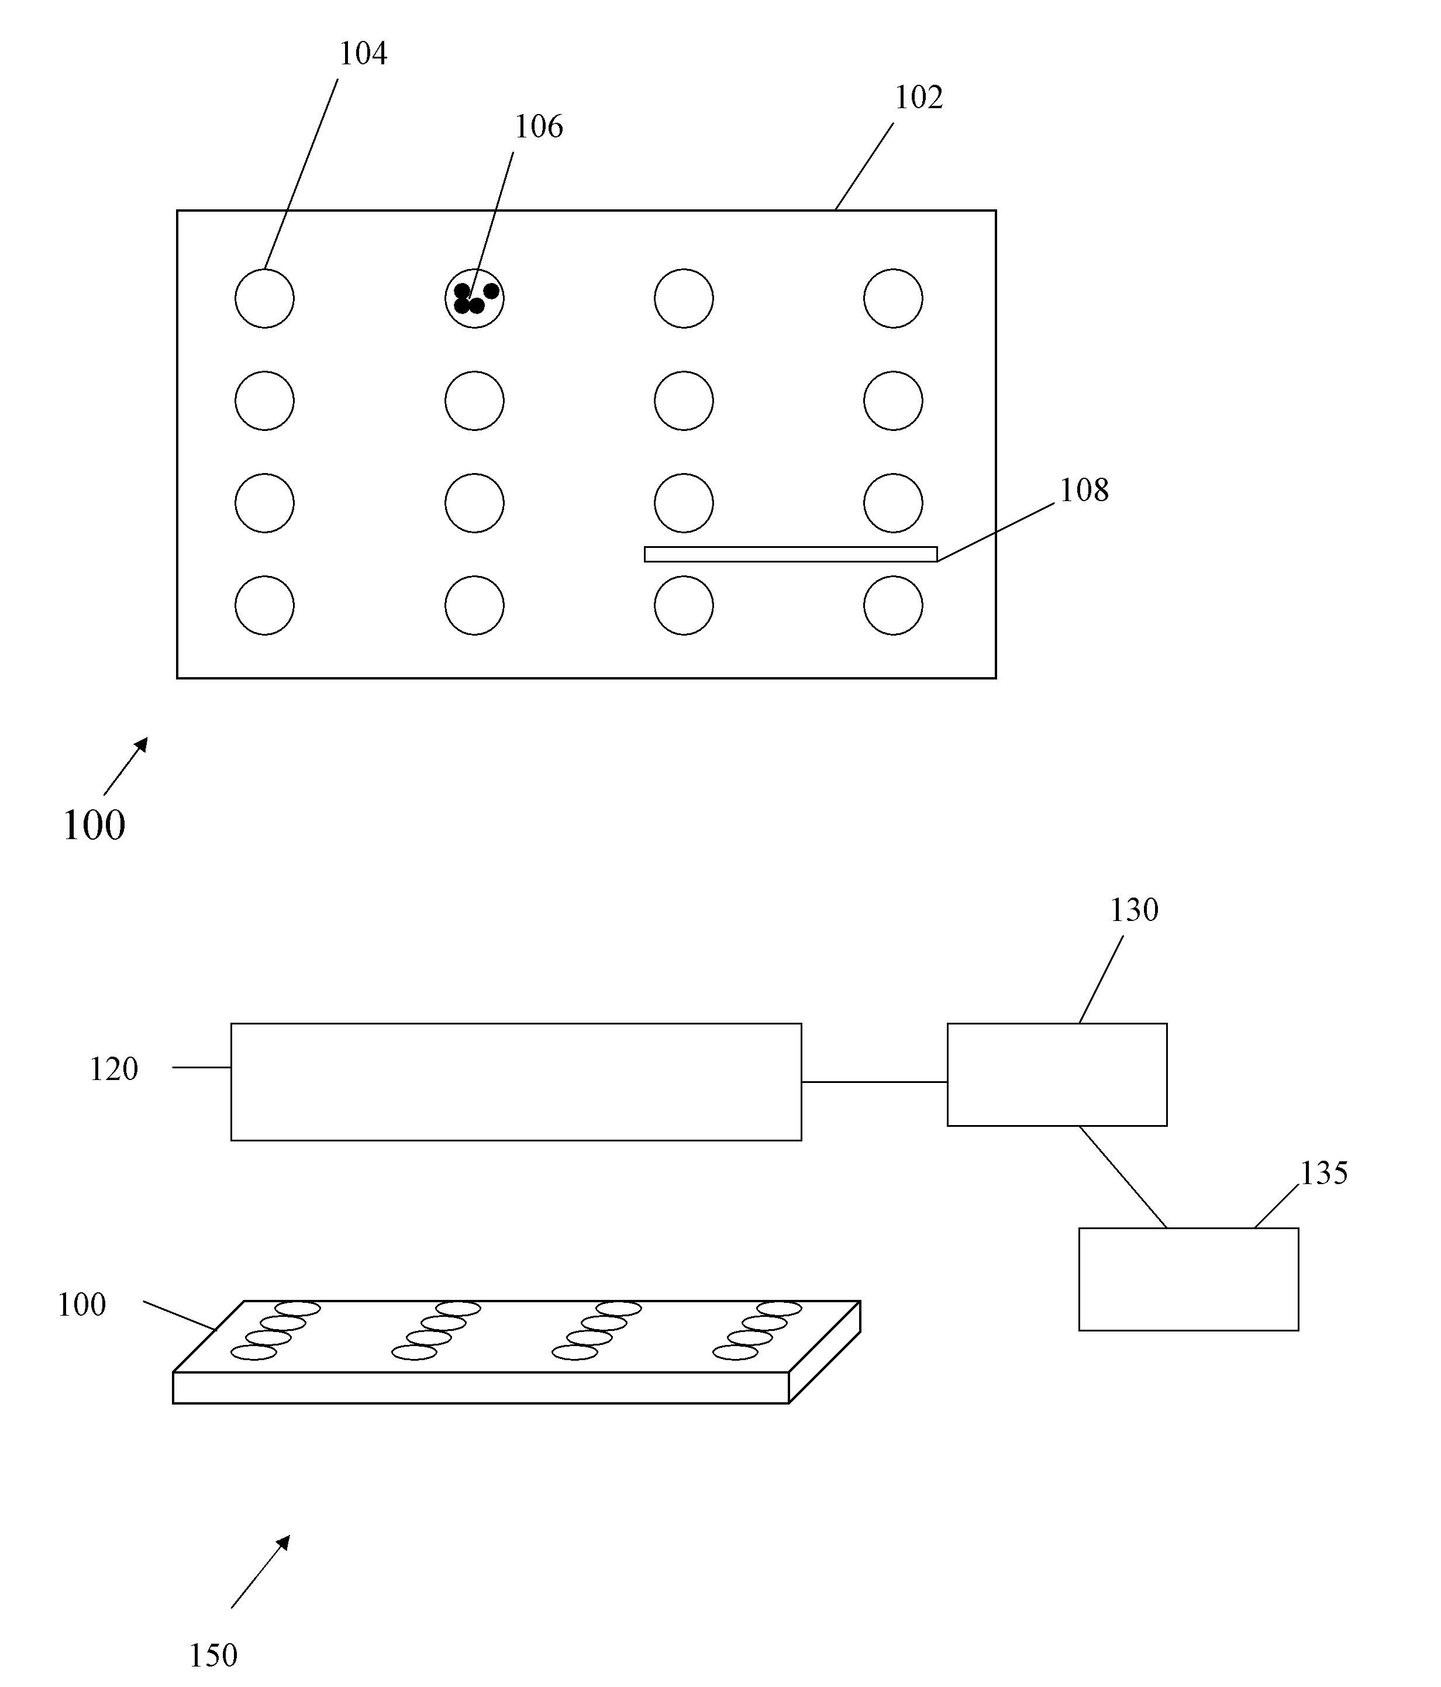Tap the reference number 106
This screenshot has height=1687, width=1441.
[538, 127]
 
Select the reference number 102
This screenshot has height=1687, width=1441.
[918, 98]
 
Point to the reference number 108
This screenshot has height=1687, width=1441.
[1084, 490]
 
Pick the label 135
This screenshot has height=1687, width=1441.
[1324, 1173]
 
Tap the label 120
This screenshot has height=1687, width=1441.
[113, 1069]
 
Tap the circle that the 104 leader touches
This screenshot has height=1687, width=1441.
[264, 298]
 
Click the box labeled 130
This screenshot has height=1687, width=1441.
[1057, 1075]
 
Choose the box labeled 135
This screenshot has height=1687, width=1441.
[1188, 1279]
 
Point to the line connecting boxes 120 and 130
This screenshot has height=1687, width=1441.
[874, 1082]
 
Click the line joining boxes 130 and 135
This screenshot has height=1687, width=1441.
[1123, 1177]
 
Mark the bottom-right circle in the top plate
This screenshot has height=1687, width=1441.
[892, 605]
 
